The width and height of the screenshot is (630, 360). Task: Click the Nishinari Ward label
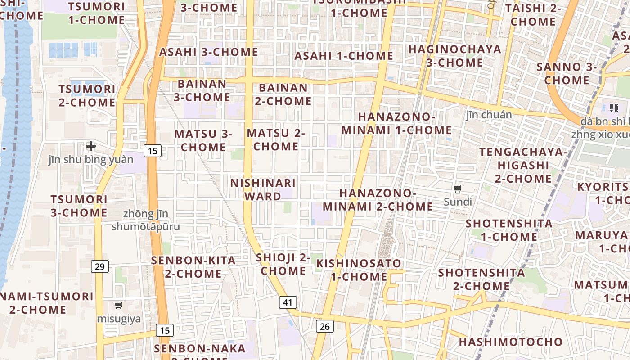263,190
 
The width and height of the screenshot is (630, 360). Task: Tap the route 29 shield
99,266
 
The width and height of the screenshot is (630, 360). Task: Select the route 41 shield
288,302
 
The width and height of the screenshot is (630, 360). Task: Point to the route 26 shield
325,326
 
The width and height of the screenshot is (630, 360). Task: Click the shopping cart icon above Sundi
458,189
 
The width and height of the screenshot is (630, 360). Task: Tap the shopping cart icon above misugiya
119,306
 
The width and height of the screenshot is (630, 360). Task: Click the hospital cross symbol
91,146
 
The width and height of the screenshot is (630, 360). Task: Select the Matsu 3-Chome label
203,140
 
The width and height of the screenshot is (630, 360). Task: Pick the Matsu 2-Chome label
276,139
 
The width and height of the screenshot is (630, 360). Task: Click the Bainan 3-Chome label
202,90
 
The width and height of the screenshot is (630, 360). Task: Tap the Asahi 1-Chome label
344,56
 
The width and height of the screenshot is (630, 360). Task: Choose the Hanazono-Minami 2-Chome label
378,200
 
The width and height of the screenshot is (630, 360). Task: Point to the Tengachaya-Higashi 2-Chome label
523,165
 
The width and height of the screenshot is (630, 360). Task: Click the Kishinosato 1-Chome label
359,270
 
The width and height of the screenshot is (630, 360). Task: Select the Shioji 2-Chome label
283,264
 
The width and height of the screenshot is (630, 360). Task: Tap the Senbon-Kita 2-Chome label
193,267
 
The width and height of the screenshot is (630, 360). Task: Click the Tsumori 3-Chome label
79,206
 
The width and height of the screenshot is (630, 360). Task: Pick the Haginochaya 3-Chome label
454,56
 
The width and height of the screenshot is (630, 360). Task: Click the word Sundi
458,202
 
